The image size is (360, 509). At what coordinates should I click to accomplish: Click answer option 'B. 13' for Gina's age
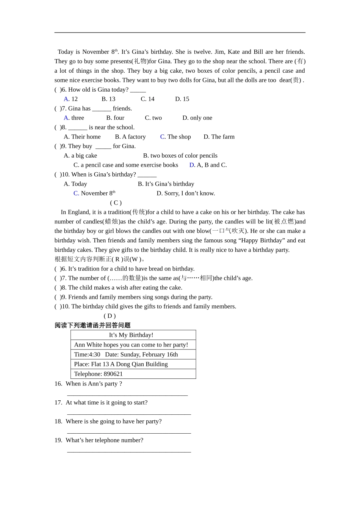pos(108,99)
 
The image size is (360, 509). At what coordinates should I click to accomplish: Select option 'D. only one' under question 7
pos(197,118)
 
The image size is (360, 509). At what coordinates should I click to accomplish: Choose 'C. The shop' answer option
pos(175,137)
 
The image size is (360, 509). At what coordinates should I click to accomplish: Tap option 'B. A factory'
pos(130,137)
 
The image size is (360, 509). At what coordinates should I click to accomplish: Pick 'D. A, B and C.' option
pos(208,165)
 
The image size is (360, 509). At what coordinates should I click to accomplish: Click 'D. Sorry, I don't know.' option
pos(186,193)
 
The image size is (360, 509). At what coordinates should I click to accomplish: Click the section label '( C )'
pos(116,203)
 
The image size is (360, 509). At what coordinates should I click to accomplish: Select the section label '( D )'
pos(110,316)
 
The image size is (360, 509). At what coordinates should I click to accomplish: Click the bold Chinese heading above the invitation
pos(92,325)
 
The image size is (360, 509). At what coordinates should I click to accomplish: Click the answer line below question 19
pos(129,451)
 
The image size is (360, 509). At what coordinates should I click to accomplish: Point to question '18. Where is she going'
pos(108,421)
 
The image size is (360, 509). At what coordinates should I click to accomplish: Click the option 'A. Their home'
pos(82,137)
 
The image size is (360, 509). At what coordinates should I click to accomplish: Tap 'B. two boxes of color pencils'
pos(180,156)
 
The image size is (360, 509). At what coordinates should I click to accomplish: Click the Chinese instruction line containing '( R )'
pos(100,259)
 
